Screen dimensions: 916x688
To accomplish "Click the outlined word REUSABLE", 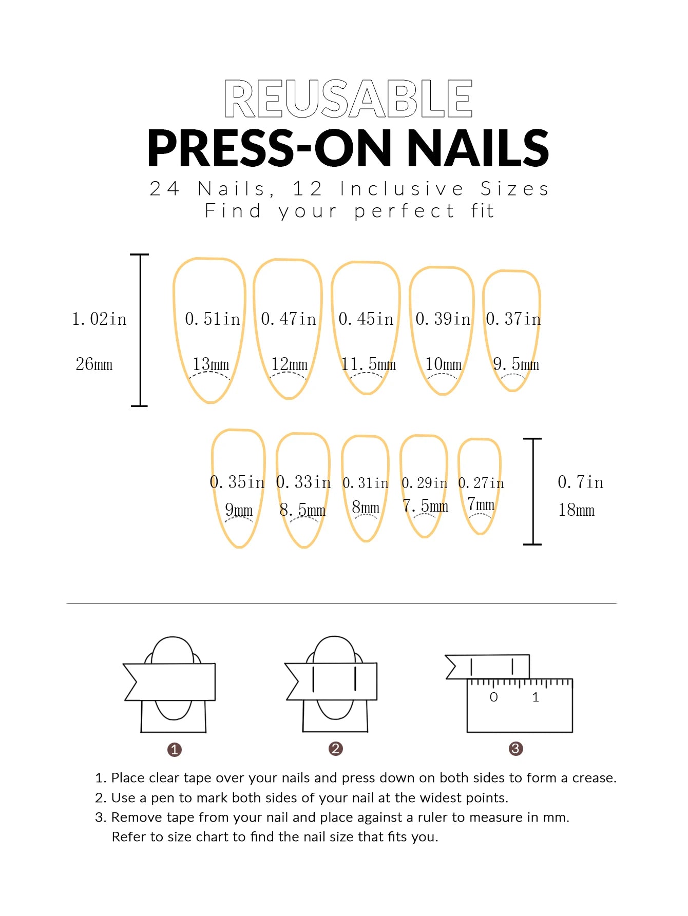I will coord(348,99).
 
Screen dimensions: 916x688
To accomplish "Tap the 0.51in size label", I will coord(213,319).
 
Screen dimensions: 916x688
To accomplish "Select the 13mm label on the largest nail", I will coord(211,364).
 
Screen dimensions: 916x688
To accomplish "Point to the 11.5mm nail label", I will coord(369,364).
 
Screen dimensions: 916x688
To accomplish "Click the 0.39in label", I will coord(443,319).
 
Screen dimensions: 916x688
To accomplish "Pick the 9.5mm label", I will coord(515,364).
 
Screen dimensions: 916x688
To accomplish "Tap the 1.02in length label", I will coord(99,319).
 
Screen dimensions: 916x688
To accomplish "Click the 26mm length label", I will coord(94,364).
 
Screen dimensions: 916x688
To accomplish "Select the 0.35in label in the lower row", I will coord(237,482).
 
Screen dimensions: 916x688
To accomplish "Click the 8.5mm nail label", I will coord(302,510).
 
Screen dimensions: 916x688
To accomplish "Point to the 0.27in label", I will coord(481,483).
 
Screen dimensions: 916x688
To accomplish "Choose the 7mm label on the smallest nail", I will coord(481,505).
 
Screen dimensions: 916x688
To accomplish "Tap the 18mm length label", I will coord(576,510).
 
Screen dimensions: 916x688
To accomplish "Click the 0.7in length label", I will coord(580,482).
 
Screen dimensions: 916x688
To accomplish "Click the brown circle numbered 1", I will coord(175,750).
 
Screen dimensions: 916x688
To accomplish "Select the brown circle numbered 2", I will coord(335,749).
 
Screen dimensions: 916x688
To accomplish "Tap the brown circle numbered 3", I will coord(515,749).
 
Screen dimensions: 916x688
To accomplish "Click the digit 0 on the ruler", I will coord(493,697).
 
